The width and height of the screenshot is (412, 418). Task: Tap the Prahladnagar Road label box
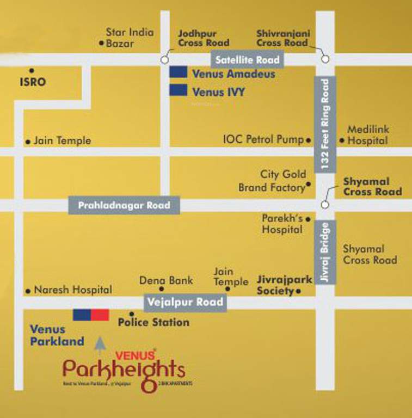[x=124, y=206]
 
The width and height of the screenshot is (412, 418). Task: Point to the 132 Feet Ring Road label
[x=325, y=125]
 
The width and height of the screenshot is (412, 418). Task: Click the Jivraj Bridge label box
[x=325, y=252]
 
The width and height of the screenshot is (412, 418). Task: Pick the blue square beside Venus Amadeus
[x=179, y=73]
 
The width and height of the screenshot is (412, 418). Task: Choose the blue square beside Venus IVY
[x=179, y=90]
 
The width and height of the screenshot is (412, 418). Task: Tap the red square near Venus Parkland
[x=100, y=315]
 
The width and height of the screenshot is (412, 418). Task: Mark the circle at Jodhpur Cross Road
[x=164, y=59]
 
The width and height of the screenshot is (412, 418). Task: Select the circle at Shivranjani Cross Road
[x=325, y=59]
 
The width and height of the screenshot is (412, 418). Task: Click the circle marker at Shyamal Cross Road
[x=325, y=205]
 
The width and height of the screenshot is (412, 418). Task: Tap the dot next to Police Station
[x=131, y=314]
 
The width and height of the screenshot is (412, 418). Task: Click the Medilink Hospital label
[x=368, y=134]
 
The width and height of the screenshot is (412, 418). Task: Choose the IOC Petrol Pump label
[x=263, y=139]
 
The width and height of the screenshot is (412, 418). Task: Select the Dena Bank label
[x=166, y=281]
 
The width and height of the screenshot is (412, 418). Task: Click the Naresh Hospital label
[x=72, y=290]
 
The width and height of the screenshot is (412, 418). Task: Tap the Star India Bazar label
[x=130, y=38]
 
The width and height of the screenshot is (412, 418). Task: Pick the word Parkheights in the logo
[x=124, y=371]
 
